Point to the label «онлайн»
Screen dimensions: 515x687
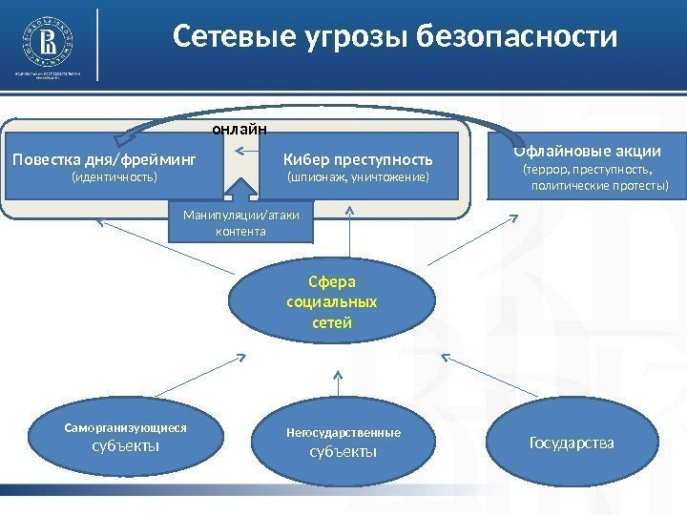tap(239, 127)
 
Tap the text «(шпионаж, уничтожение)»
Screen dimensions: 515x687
tap(359, 178)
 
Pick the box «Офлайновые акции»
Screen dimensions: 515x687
tap(587, 164)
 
